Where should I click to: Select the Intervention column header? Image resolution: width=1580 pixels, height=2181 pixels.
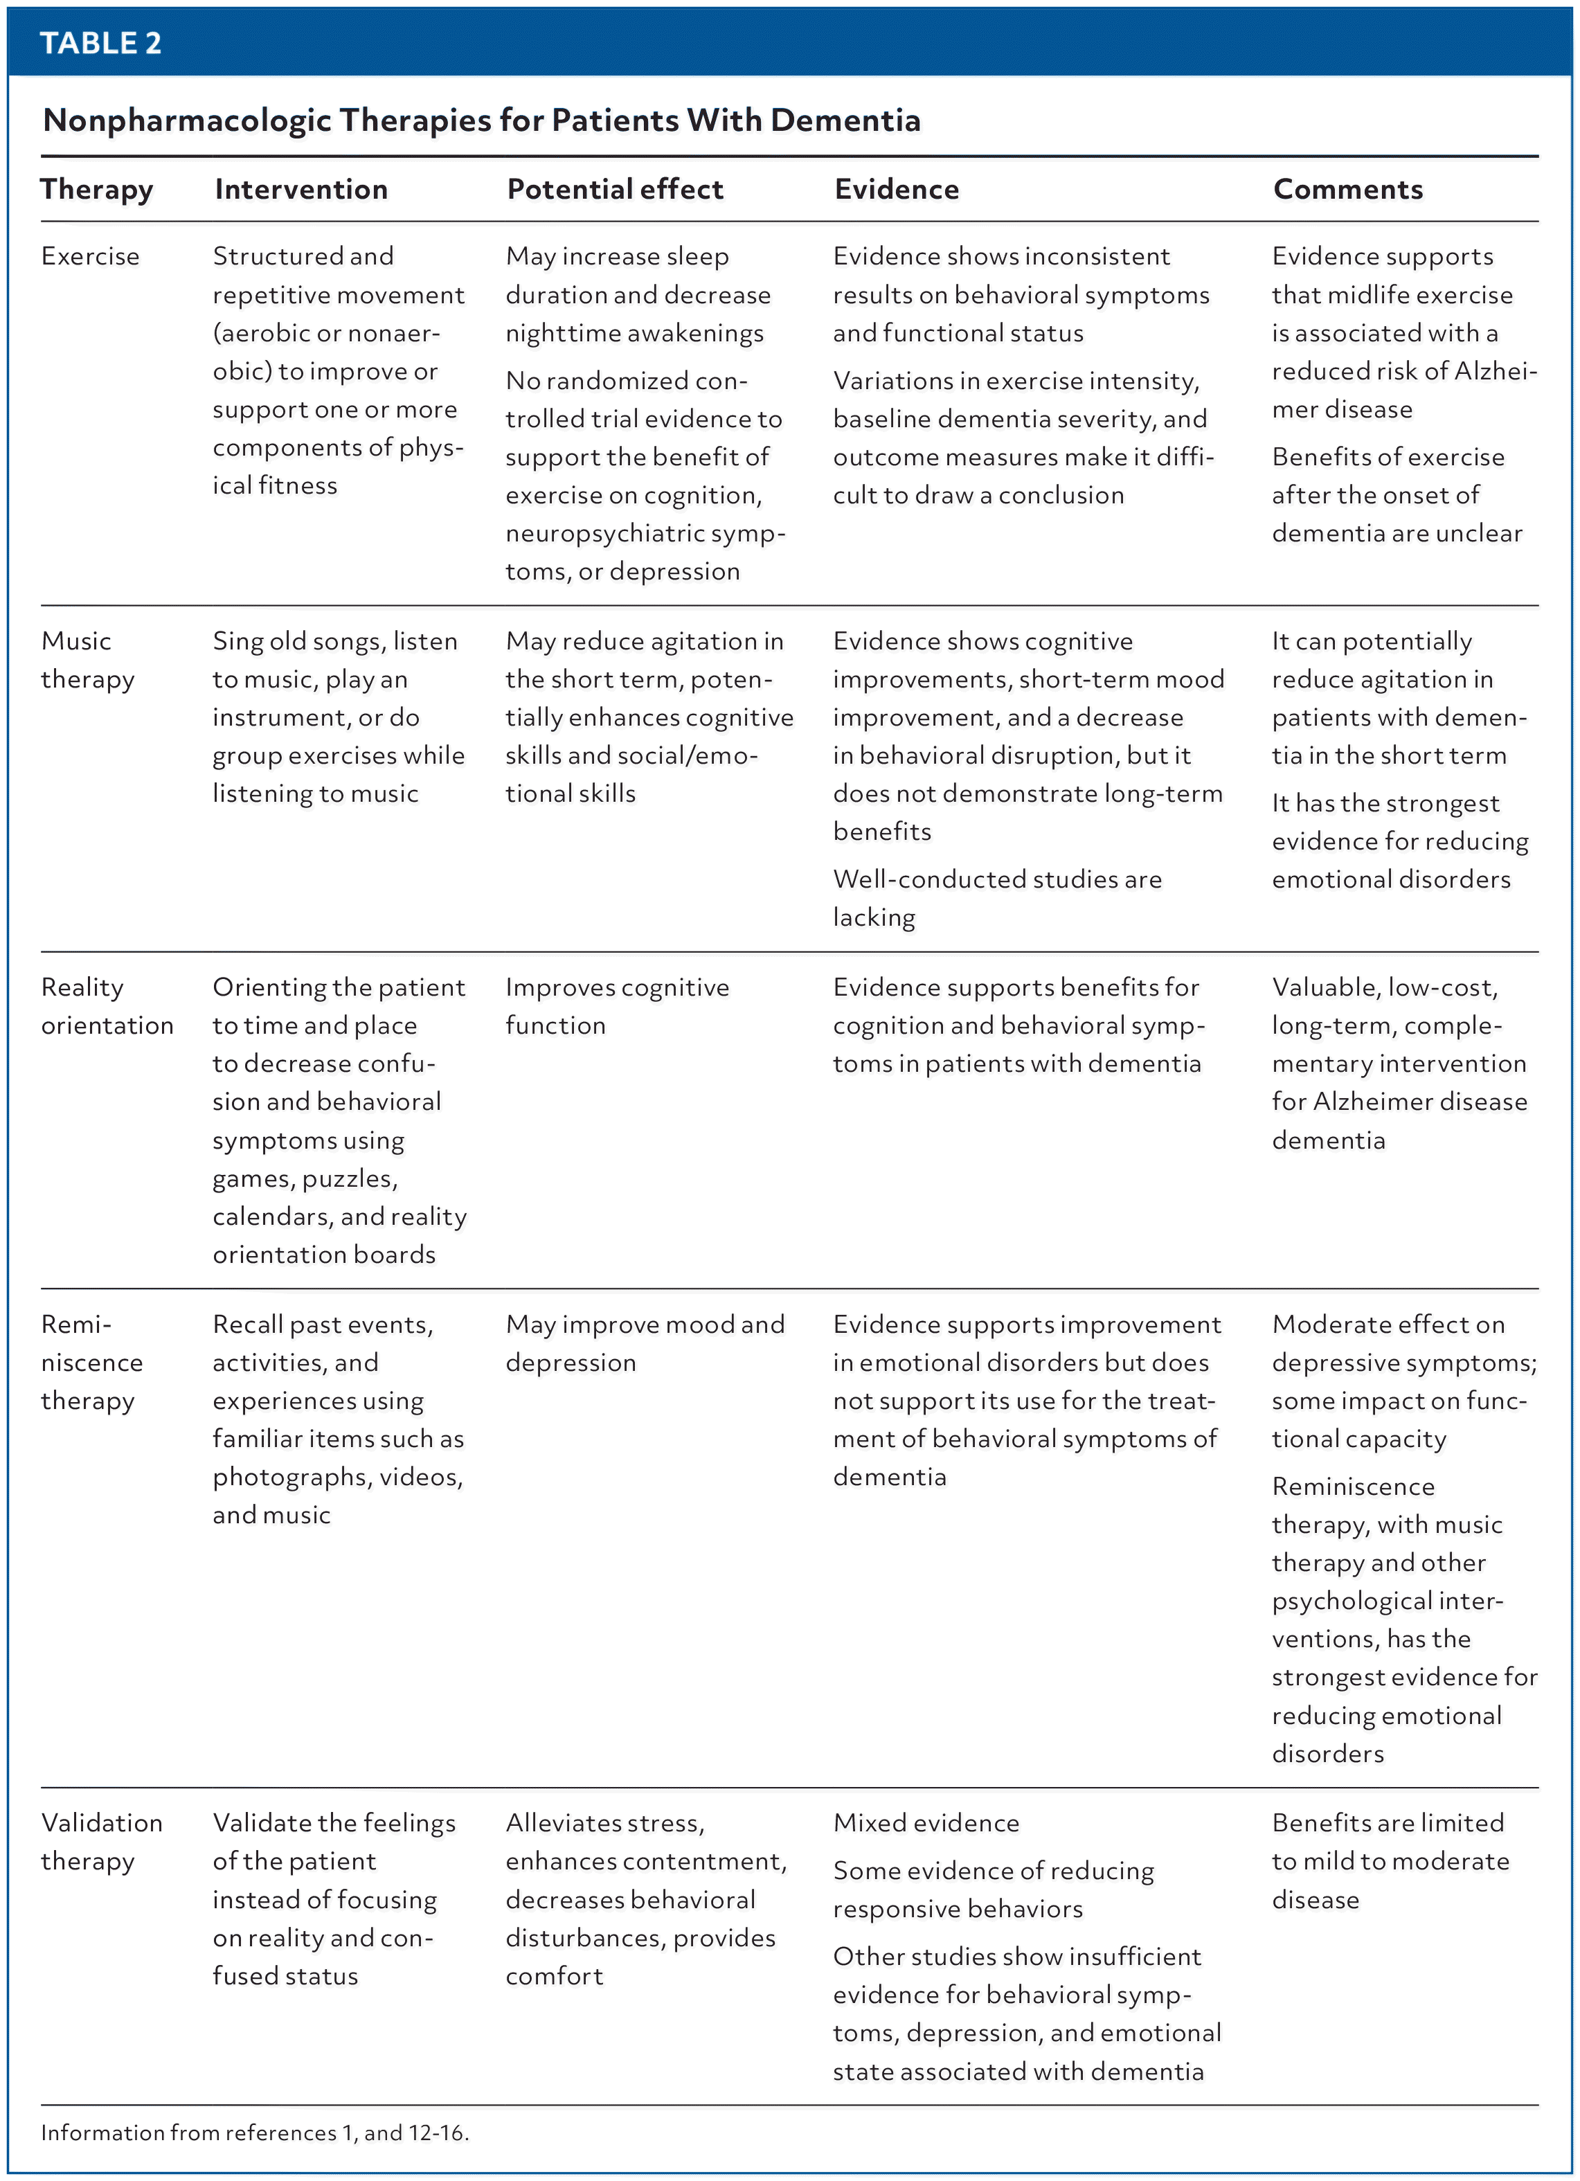(301, 190)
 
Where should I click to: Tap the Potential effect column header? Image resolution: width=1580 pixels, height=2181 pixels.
(615, 190)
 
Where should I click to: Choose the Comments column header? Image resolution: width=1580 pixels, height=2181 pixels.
(1347, 190)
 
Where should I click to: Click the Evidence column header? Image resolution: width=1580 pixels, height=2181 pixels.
(896, 190)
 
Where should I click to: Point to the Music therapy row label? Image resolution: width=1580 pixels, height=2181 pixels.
(87, 660)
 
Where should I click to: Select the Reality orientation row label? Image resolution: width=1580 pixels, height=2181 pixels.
(106, 1006)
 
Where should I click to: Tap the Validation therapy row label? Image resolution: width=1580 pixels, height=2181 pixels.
(101, 1842)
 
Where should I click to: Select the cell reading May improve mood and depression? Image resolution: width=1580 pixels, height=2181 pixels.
(645, 1343)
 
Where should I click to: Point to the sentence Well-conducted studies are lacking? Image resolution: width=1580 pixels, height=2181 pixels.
(996, 897)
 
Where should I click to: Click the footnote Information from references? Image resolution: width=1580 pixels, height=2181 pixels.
(254, 2133)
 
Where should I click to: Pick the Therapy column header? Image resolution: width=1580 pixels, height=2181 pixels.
(96, 190)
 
